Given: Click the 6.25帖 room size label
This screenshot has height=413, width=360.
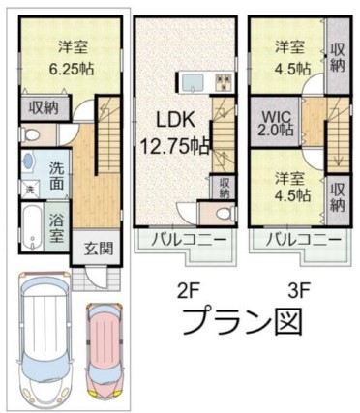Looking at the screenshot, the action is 72,69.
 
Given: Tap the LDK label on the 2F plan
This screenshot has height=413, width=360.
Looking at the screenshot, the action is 175,120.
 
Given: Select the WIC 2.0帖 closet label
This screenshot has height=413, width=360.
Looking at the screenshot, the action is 276,123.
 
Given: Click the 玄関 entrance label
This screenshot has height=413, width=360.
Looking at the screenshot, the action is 99,249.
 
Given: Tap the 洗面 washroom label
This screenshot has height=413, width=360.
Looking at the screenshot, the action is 57,176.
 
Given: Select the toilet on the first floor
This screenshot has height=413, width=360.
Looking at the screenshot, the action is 30,134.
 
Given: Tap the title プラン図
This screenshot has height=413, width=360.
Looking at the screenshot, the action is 242,321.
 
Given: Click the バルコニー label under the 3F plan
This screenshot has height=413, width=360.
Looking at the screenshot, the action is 304,240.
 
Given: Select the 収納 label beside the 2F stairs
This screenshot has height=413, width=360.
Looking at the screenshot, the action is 225,189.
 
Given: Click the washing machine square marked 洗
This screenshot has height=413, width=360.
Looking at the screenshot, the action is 30,190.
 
